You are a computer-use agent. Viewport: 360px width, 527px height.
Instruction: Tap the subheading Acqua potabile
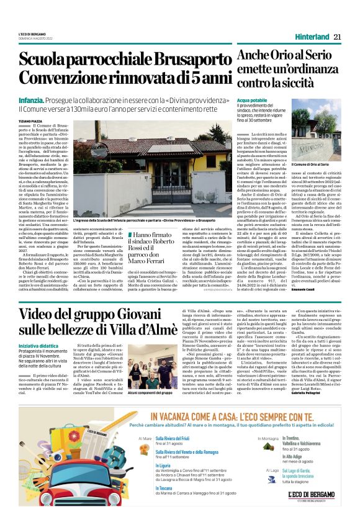click(252, 100)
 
